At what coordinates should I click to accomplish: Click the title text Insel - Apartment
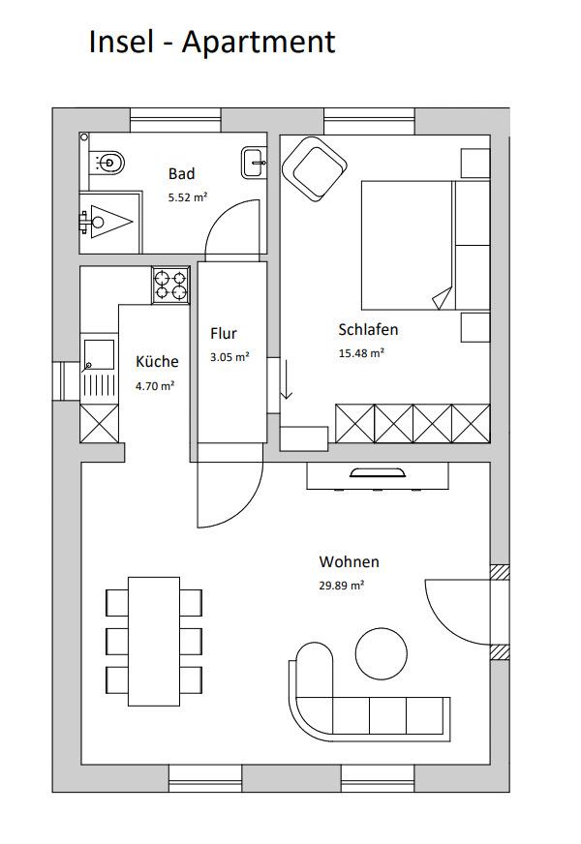[x=212, y=42]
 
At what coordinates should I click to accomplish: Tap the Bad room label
[x=181, y=174]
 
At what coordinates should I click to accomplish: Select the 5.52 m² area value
[x=188, y=197]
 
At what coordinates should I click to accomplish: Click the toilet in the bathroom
[x=107, y=161]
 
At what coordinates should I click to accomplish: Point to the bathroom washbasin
[x=254, y=162]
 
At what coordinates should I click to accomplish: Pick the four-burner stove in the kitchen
[x=170, y=286]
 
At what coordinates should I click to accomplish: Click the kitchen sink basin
[x=99, y=354]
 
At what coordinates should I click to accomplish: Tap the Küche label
[x=157, y=361]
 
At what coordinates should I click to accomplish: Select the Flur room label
[x=224, y=334]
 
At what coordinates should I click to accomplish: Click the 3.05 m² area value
[x=229, y=356]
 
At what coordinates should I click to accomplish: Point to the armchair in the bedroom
[x=314, y=168]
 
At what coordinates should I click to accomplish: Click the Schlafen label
[x=368, y=329]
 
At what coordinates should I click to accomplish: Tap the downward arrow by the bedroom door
[x=287, y=380]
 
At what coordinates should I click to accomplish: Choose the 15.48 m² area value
[x=361, y=353]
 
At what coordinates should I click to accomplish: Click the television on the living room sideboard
[x=377, y=472]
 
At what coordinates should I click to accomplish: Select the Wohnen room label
[x=349, y=562]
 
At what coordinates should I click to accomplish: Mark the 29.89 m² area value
[x=342, y=586]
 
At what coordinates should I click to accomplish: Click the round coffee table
[x=382, y=653]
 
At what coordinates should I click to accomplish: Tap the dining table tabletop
[x=154, y=641]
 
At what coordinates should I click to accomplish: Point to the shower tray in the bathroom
[x=110, y=222]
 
